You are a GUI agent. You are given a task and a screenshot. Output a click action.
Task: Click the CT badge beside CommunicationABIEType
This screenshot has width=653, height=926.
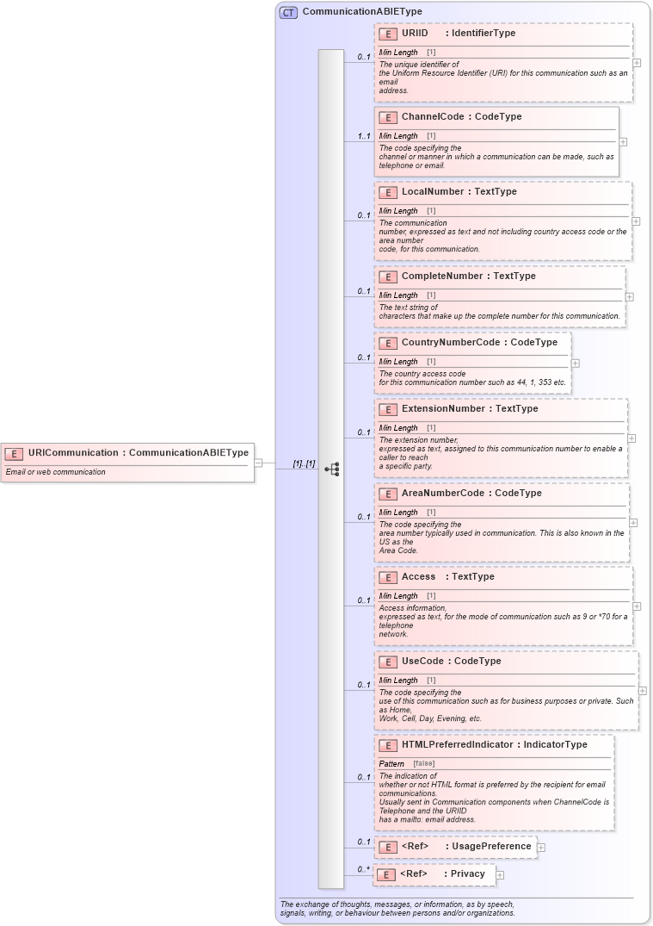click(288, 12)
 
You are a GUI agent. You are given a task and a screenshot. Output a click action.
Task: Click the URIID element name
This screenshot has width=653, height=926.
click(415, 34)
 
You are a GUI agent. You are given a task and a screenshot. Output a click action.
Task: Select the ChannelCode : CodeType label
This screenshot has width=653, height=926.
click(461, 117)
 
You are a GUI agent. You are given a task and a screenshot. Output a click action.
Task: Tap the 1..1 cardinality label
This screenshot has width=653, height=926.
click(364, 136)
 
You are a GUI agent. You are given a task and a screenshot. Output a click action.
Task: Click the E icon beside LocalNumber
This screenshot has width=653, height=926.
click(388, 192)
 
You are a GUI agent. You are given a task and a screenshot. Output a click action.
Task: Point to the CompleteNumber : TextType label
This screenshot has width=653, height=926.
click(468, 277)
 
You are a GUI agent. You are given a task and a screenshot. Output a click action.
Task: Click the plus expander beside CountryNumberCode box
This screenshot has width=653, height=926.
click(576, 364)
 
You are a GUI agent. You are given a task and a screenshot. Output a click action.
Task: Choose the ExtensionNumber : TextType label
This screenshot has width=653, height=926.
click(470, 409)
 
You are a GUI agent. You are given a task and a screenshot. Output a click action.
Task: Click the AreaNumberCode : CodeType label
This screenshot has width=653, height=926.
click(471, 494)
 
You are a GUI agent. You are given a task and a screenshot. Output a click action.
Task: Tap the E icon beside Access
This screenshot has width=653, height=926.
click(388, 577)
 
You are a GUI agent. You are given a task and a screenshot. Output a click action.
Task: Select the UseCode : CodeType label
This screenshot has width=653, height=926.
click(451, 662)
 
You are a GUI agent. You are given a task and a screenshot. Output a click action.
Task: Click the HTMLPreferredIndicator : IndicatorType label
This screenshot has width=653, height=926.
click(495, 745)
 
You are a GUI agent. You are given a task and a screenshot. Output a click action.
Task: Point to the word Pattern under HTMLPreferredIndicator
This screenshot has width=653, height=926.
click(391, 764)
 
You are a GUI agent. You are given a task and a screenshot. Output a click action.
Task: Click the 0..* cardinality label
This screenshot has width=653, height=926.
click(364, 870)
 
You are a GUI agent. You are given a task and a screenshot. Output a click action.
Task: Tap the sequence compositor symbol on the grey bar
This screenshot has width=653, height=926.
click(331, 469)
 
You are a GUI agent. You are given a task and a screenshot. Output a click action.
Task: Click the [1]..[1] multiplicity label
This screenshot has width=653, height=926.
click(304, 463)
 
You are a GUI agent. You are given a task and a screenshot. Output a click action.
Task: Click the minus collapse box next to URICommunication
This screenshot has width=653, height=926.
click(258, 463)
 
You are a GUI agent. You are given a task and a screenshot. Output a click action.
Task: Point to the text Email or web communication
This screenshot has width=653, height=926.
click(55, 472)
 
